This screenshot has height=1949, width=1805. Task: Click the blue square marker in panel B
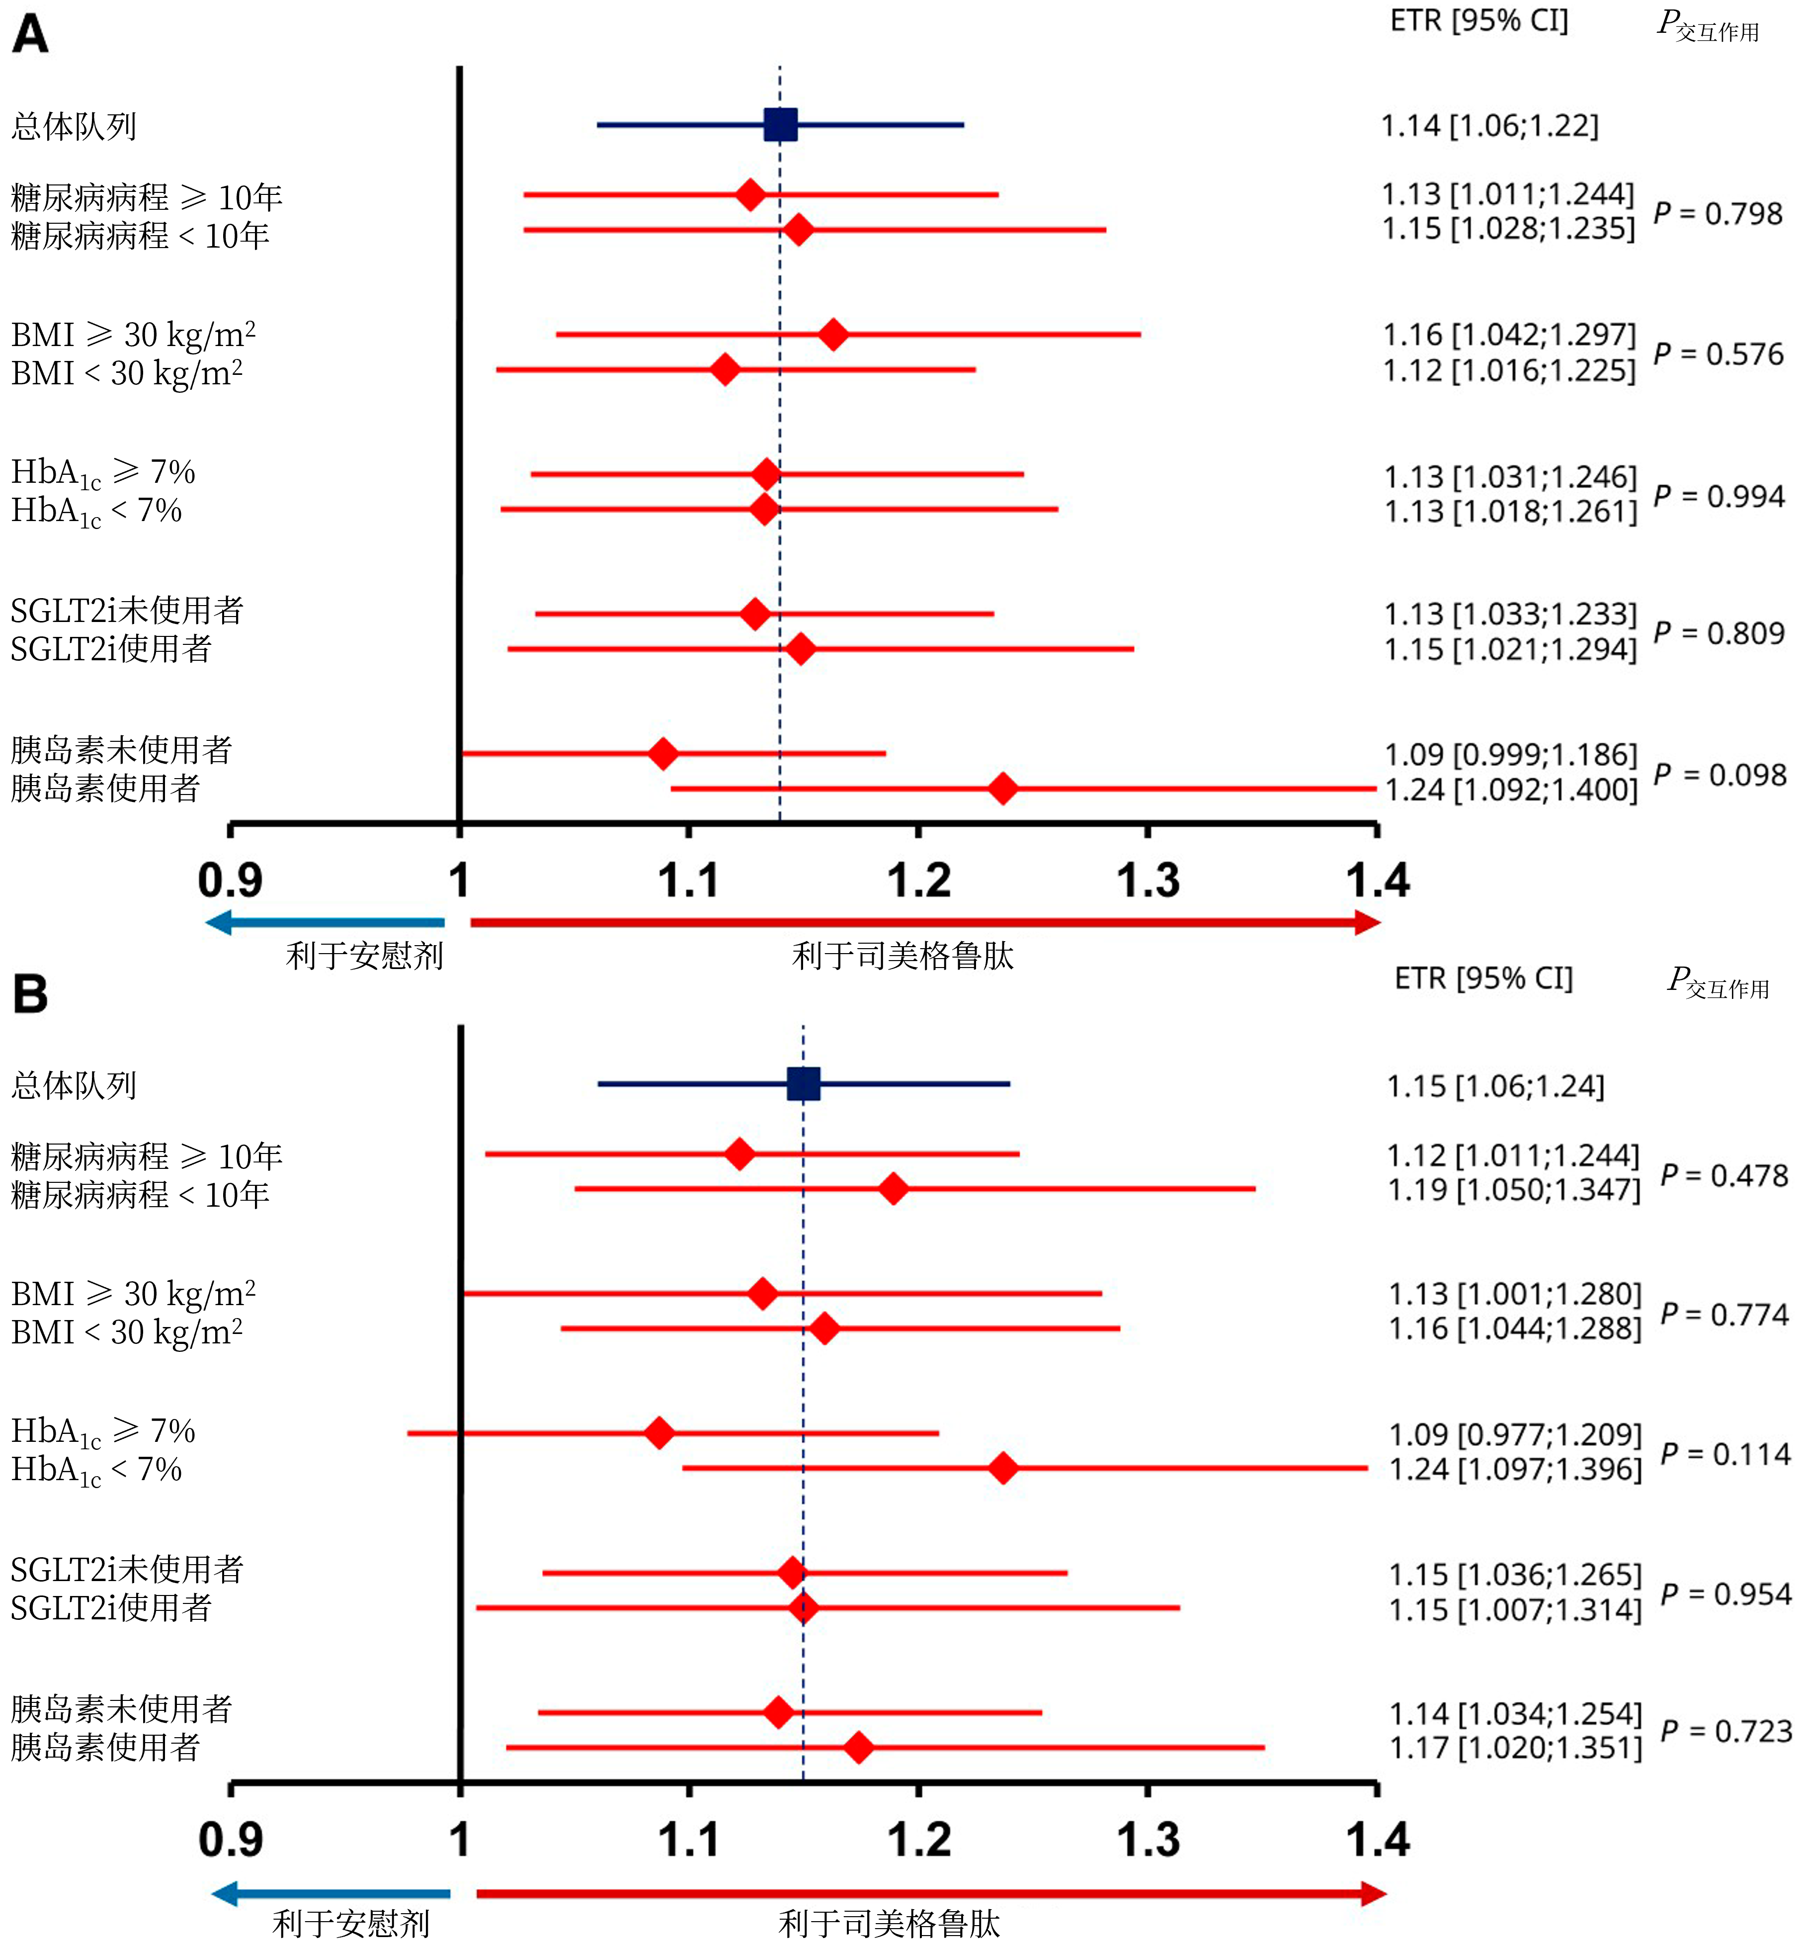click(803, 1083)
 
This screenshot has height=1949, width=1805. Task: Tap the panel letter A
click(30, 35)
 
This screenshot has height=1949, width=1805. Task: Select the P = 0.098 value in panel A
click(1719, 775)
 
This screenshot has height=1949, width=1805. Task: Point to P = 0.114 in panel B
click(1725, 1454)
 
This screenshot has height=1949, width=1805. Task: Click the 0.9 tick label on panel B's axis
click(231, 1840)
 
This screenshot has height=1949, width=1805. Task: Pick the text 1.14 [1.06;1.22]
click(1489, 126)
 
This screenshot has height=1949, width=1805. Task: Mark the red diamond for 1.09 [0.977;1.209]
click(660, 1433)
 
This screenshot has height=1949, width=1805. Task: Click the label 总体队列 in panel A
click(74, 126)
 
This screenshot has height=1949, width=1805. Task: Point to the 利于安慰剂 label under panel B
click(351, 1924)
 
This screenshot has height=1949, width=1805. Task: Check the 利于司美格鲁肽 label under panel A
click(902, 956)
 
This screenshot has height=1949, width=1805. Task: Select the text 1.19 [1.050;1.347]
click(1514, 1190)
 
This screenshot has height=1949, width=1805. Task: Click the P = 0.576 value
click(1718, 354)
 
